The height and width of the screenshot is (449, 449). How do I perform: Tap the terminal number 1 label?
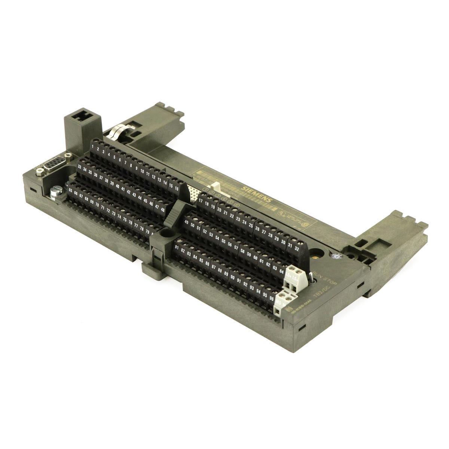[x=92, y=146]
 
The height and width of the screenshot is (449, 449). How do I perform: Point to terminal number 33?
[x=80, y=166]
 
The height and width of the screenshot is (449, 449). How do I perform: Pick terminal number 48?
[x=162, y=210]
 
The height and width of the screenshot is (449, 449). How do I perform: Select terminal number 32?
[x=296, y=247]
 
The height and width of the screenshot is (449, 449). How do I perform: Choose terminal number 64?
[x=281, y=271]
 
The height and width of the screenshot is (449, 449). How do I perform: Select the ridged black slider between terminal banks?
[x=175, y=214]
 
